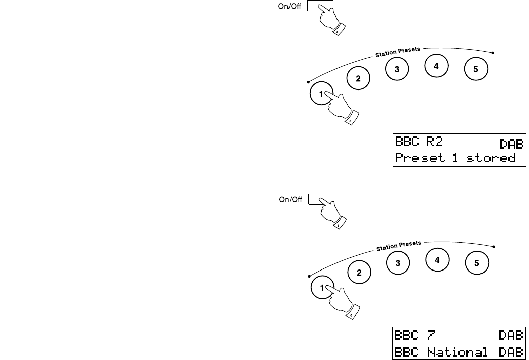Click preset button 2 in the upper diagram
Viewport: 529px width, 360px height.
point(358,78)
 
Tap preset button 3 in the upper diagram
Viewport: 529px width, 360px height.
point(397,70)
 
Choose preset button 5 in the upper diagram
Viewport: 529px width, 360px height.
point(476,70)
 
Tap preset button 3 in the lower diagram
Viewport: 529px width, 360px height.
point(398,263)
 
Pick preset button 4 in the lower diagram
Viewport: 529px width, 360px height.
point(437,260)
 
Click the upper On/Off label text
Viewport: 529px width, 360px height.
point(290,6)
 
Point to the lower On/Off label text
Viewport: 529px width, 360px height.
point(291,199)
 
